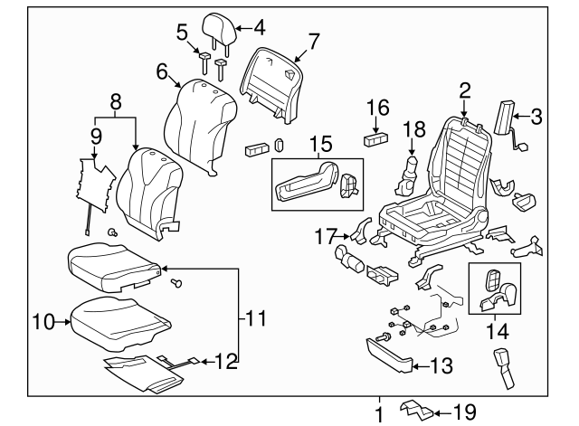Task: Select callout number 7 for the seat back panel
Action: point(314,40)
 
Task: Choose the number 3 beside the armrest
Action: point(536,115)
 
